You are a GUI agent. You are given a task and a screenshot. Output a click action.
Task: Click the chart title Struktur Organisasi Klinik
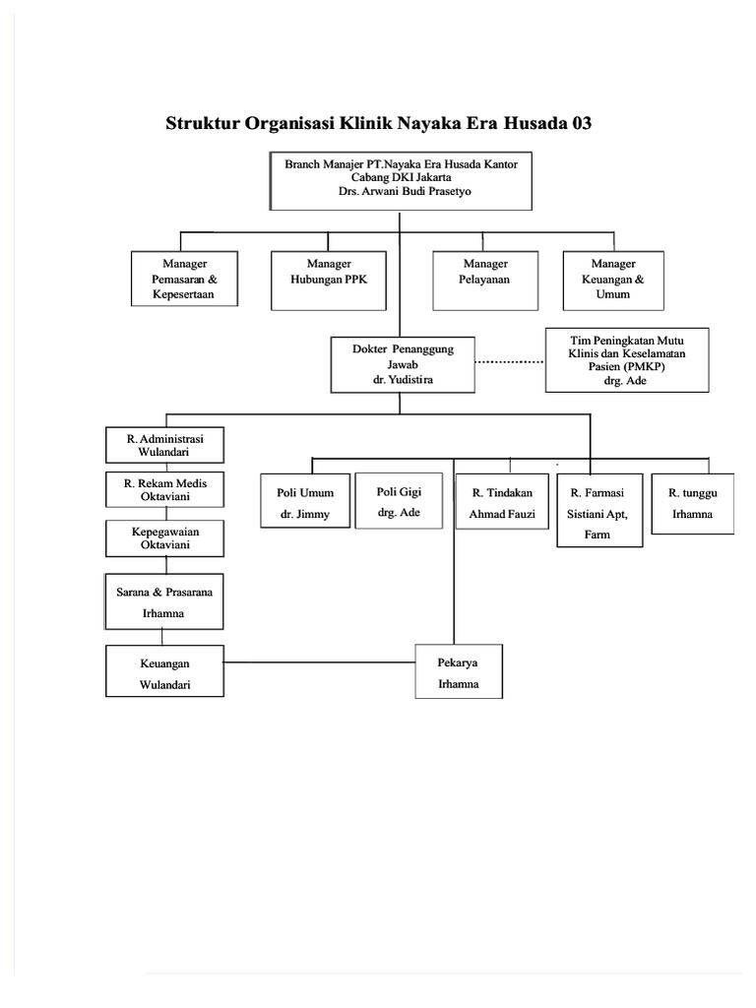(x=379, y=124)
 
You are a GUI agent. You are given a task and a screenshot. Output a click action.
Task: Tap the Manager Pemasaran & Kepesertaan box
(x=184, y=279)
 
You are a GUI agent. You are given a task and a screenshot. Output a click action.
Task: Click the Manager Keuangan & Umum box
(x=613, y=279)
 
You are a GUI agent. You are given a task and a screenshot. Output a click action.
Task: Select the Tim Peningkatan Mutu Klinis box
(x=626, y=360)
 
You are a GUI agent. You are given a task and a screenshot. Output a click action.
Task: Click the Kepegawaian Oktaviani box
(x=164, y=537)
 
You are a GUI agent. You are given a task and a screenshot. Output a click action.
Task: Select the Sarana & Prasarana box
(x=164, y=600)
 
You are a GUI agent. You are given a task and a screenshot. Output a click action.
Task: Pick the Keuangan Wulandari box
(x=164, y=671)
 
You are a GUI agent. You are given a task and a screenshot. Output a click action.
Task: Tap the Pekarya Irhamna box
(x=459, y=672)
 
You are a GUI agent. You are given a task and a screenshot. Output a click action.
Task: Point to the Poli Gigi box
(x=400, y=499)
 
